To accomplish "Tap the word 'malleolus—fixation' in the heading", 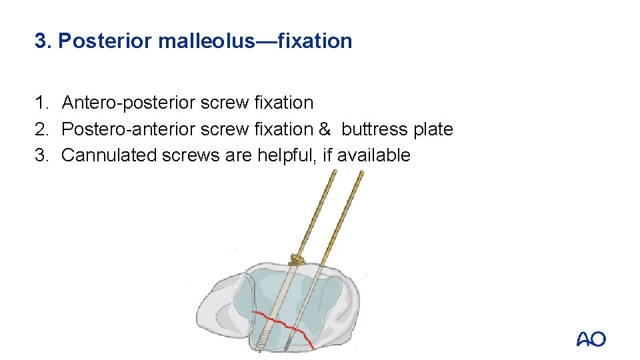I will (x=255, y=41).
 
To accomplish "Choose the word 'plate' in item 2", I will (x=433, y=129).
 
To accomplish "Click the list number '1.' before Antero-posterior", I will (x=42, y=103).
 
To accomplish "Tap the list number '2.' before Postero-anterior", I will (x=42, y=129).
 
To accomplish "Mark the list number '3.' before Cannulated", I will (x=42, y=155).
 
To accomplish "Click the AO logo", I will (x=591, y=339).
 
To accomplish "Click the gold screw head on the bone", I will (x=295, y=259).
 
